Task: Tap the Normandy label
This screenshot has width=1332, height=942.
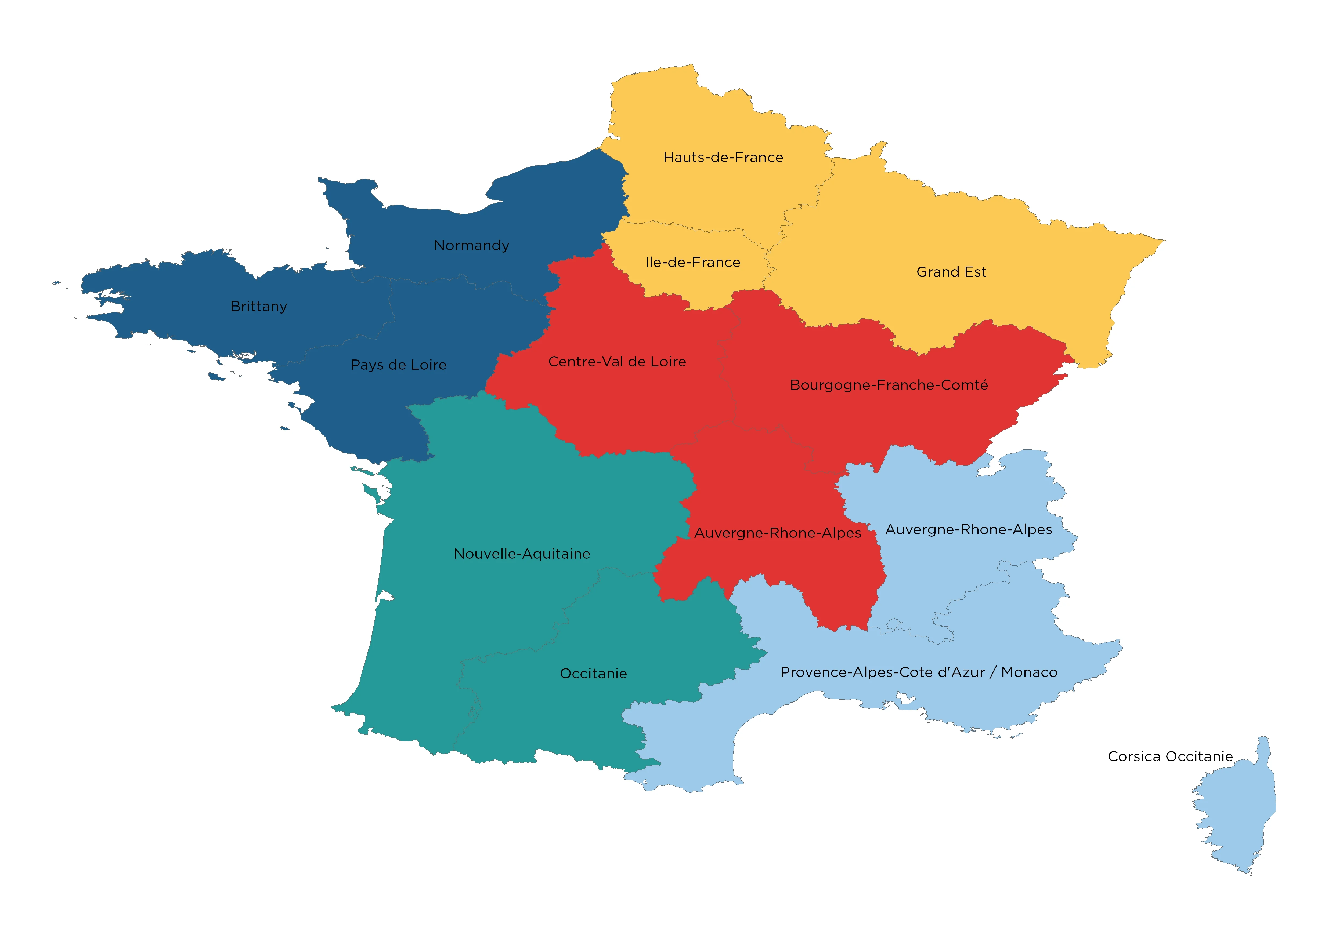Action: tap(471, 245)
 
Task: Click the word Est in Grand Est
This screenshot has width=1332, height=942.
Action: tap(975, 272)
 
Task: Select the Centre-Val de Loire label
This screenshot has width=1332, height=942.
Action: tap(617, 362)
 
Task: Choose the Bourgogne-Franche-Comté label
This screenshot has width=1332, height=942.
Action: tap(889, 385)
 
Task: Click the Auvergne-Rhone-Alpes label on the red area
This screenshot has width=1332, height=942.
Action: tap(778, 533)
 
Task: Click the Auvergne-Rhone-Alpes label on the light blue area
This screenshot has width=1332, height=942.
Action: tap(968, 530)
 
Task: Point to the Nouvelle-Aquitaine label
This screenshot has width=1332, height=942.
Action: tap(522, 554)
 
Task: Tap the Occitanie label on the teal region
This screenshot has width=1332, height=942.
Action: tap(593, 674)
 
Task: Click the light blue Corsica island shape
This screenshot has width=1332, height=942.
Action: tap(1236, 812)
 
